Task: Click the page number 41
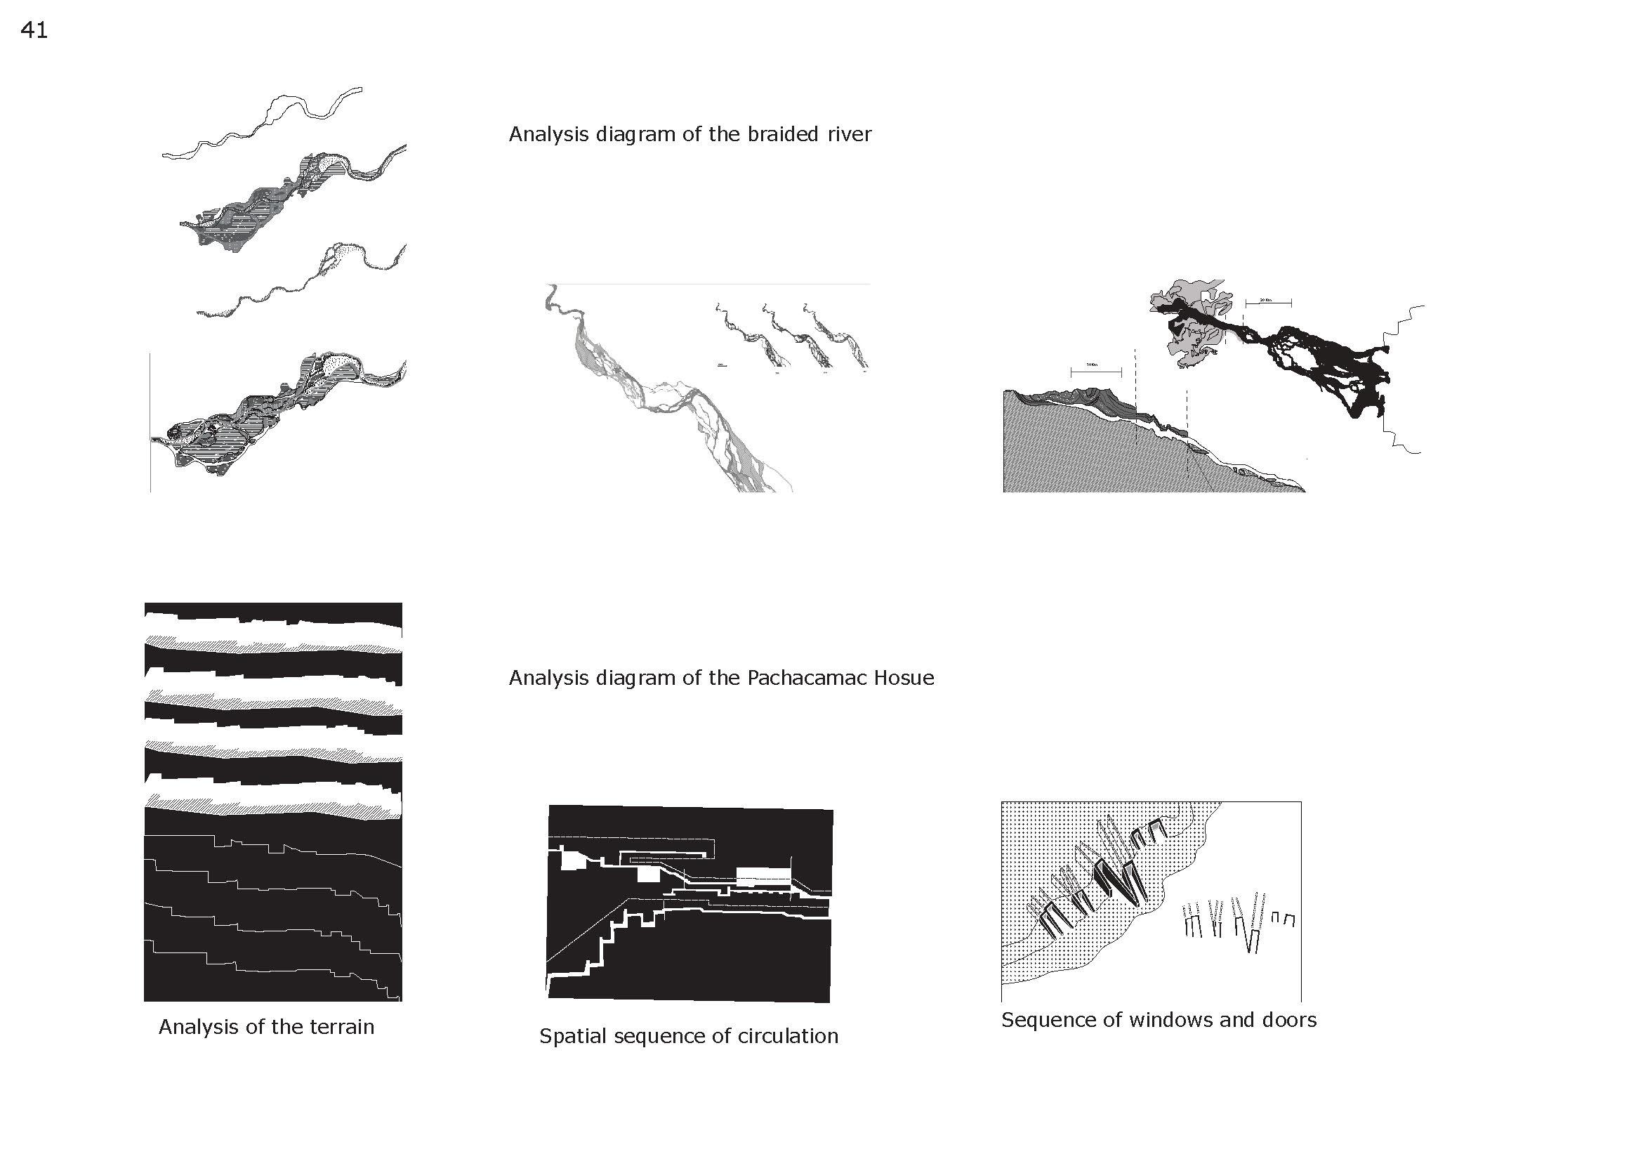click(34, 30)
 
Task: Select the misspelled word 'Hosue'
click(904, 678)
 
